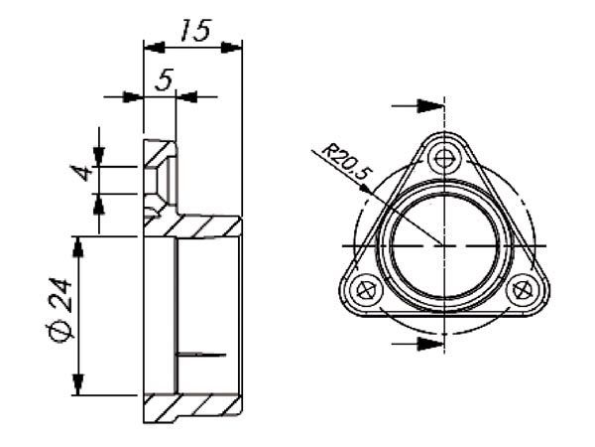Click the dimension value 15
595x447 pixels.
click(195, 31)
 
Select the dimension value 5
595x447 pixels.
click(164, 79)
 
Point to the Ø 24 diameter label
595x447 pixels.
click(59, 310)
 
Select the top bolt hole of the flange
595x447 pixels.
click(443, 159)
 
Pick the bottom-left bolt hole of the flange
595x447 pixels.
click(367, 291)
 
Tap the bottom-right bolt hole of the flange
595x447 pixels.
click(523, 291)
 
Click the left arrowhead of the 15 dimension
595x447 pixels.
click(154, 48)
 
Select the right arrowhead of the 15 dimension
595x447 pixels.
click(231, 48)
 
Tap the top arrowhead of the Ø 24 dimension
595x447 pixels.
click(78, 246)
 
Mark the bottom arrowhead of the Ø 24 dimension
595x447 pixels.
click(78, 384)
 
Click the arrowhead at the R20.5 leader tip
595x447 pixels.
click(365, 189)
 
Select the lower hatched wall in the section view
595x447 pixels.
click(192, 408)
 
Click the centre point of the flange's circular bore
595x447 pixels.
click(444, 246)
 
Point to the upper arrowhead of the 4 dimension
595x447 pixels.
click(99, 156)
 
